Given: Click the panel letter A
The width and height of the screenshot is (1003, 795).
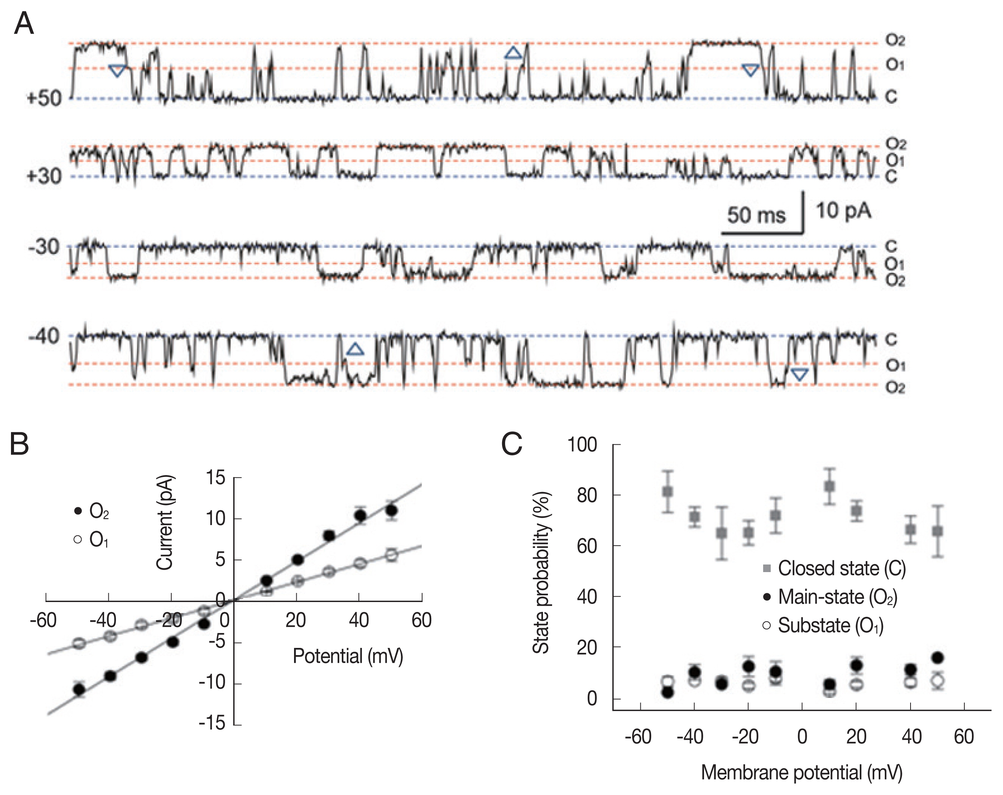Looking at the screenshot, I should point(24,23).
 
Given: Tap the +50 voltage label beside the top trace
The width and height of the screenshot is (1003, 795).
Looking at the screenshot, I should point(44,99).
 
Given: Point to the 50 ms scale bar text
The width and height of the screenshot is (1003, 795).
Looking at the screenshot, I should point(756,215).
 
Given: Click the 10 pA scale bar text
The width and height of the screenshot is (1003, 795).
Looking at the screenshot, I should point(843,211).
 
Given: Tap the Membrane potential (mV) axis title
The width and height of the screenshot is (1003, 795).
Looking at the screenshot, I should point(801,772).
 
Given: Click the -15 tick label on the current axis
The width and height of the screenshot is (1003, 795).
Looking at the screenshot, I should point(212,723).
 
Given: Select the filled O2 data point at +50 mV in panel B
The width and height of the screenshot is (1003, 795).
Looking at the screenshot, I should point(391,511).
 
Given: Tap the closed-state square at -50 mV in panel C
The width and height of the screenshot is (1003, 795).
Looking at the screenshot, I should point(668,492).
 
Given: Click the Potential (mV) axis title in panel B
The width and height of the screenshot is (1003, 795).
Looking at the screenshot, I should point(347,656).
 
